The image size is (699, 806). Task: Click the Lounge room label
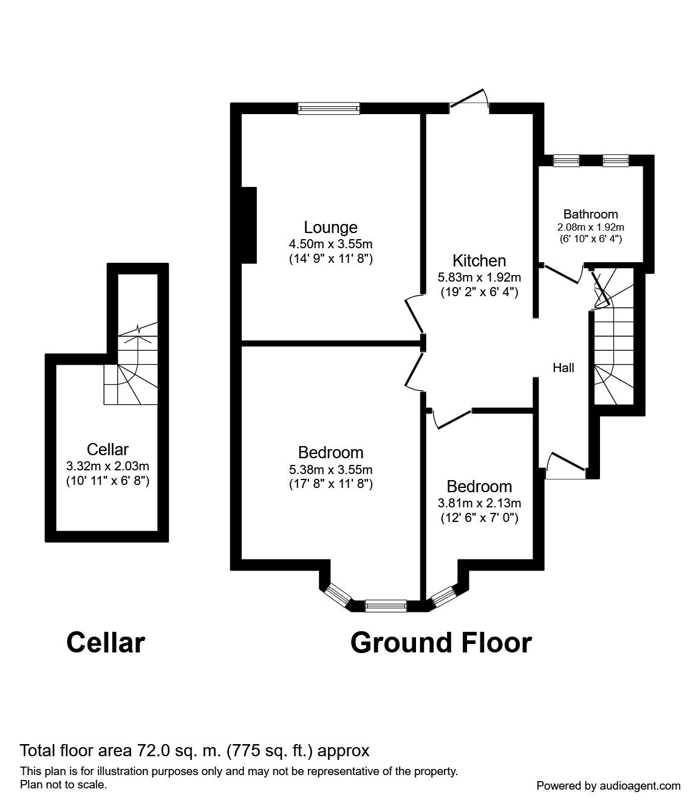(x=330, y=228)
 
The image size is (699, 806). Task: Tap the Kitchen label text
(x=479, y=261)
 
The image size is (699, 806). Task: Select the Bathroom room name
(x=590, y=214)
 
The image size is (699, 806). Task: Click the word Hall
(x=563, y=368)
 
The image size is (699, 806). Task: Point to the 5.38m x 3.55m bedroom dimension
(x=330, y=469)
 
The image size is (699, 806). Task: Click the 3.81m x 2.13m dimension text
(x=479, y=503)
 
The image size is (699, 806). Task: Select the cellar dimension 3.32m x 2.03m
(x=107, y=466)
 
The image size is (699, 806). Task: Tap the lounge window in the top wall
(x=329, y=108)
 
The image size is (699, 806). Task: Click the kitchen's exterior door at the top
(x=469, y=102)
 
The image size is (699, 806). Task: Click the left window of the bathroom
(x=566, y=160)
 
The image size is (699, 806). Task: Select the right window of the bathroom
(x=615, y=160)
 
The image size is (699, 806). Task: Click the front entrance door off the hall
(x=565, y=466)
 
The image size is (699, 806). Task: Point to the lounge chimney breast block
(x=248, y=225)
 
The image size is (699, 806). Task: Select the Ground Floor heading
(x=441, y=643)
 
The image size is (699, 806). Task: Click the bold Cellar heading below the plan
(x=105, y=643)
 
